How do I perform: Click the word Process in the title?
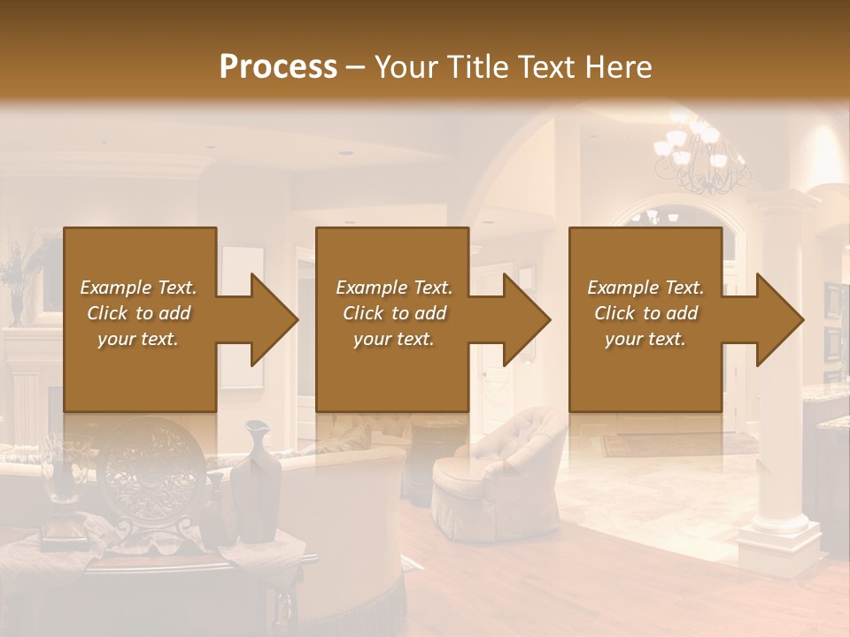pos(278,66)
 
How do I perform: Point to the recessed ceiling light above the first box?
pos(346,153)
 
